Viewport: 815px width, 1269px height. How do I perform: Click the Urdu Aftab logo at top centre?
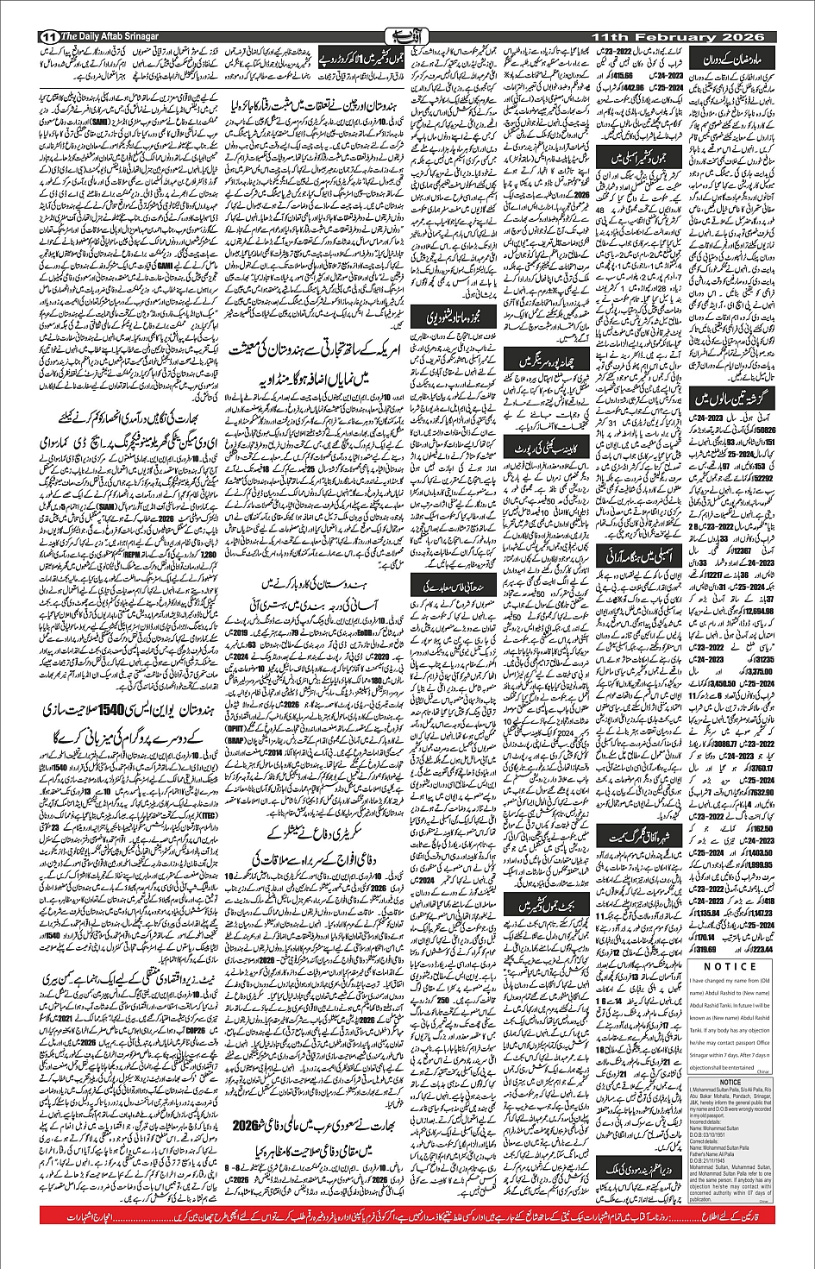407,37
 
